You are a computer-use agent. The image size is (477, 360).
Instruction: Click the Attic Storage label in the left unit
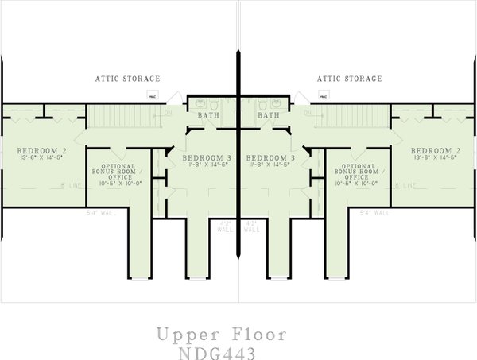coord(128,79)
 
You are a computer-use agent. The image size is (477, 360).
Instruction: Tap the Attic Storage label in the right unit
coord(349,79)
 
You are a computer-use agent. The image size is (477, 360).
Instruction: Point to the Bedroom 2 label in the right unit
coord(436,150)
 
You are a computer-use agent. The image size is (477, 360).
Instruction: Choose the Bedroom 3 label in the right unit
coord(270,158)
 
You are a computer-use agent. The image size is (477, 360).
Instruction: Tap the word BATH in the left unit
coord(209,115)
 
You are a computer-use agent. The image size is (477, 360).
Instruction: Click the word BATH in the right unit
coord(269,115)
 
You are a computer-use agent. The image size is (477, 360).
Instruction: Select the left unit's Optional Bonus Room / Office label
coord(111,171)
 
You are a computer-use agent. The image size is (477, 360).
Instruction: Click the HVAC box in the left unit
coord(152,95)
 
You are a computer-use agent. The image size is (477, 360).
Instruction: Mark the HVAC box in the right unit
coord(325,95)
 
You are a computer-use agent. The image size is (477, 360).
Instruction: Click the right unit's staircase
coord(358,117)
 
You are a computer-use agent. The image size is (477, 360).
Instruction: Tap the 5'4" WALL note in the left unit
coord(100,213)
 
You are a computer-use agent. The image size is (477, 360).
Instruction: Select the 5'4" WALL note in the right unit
coord(375,213)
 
